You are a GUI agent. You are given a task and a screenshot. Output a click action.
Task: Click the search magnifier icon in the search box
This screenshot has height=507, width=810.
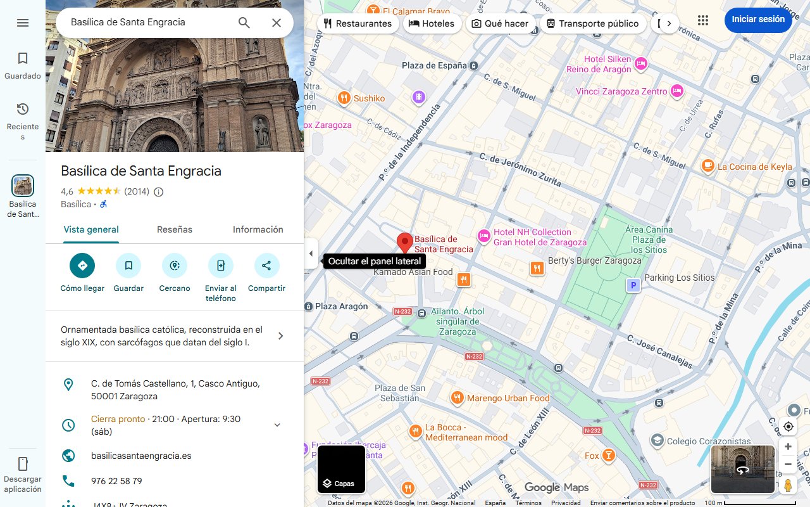pyautogui.click(x=244, y=23)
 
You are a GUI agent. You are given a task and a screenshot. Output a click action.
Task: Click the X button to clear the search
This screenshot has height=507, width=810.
pyautogui.click(x=277, y=23)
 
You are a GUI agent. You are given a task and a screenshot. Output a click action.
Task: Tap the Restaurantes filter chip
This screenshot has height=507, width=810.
pyautogui.click(x=357, y=23)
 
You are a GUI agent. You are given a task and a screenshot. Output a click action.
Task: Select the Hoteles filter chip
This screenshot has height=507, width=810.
pyautogui.click(x=432, y=23)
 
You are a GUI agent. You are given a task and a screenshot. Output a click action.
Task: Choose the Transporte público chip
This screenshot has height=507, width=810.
pyautogui.click(x=592, y=23)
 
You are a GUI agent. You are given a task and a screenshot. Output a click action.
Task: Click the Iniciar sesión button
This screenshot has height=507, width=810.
pyautogui.click(x=757, y=20)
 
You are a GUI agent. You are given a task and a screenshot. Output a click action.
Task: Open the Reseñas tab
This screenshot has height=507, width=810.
pyautogui.click(x=175, y=229)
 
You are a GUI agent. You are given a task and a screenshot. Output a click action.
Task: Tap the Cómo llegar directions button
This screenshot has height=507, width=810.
pyautogui.click(x=82, y=266)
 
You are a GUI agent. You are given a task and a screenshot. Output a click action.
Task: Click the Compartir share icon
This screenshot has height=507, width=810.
pyautogui.click(x=266, y=266)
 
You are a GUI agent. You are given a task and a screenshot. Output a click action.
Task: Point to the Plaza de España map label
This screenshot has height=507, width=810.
pyautogui.click(x=434, y=65)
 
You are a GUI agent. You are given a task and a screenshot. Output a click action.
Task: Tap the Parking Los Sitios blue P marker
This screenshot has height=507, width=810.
pyautogui.click(x=633, y=286)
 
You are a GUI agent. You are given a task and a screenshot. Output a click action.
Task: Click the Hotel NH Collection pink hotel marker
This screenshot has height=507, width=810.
pyautogui.click(x=484, y=236)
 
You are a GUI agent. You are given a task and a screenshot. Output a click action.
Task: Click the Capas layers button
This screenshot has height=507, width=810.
pyautogui.click(x=341, y=470)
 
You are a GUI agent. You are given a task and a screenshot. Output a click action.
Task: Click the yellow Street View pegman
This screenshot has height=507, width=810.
pyautogui.click(x=788, y=485)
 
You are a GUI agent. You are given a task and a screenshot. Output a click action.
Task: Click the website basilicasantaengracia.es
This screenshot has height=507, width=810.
pyautogui.click(x=141, y=456)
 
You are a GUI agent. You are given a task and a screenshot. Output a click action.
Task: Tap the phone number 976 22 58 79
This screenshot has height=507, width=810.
pyautogui.click(x=116, y=481)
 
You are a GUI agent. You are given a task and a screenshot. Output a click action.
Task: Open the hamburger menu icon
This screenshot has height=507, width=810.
pyautogui.click(x=23, y=23)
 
